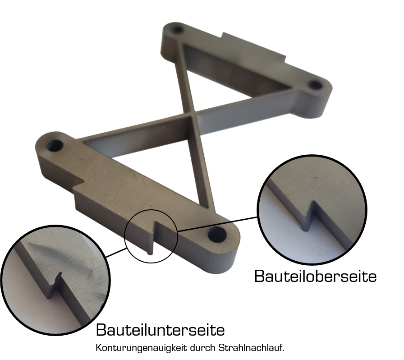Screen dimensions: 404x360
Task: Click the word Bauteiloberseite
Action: coord(315,276)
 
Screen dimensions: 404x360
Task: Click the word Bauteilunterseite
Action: coord(160,330)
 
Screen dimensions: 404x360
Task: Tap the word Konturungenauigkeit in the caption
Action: coord(141,348)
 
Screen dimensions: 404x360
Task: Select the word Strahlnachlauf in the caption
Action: coord(251,348)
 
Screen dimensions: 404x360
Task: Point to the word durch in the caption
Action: coord(203,348)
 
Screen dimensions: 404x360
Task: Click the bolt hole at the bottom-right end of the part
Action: coord(217,235)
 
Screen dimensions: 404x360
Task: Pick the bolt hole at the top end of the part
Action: coord(177,29)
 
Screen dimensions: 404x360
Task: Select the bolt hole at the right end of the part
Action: coord(314,85)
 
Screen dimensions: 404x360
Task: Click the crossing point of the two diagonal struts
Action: coord(192,114)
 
